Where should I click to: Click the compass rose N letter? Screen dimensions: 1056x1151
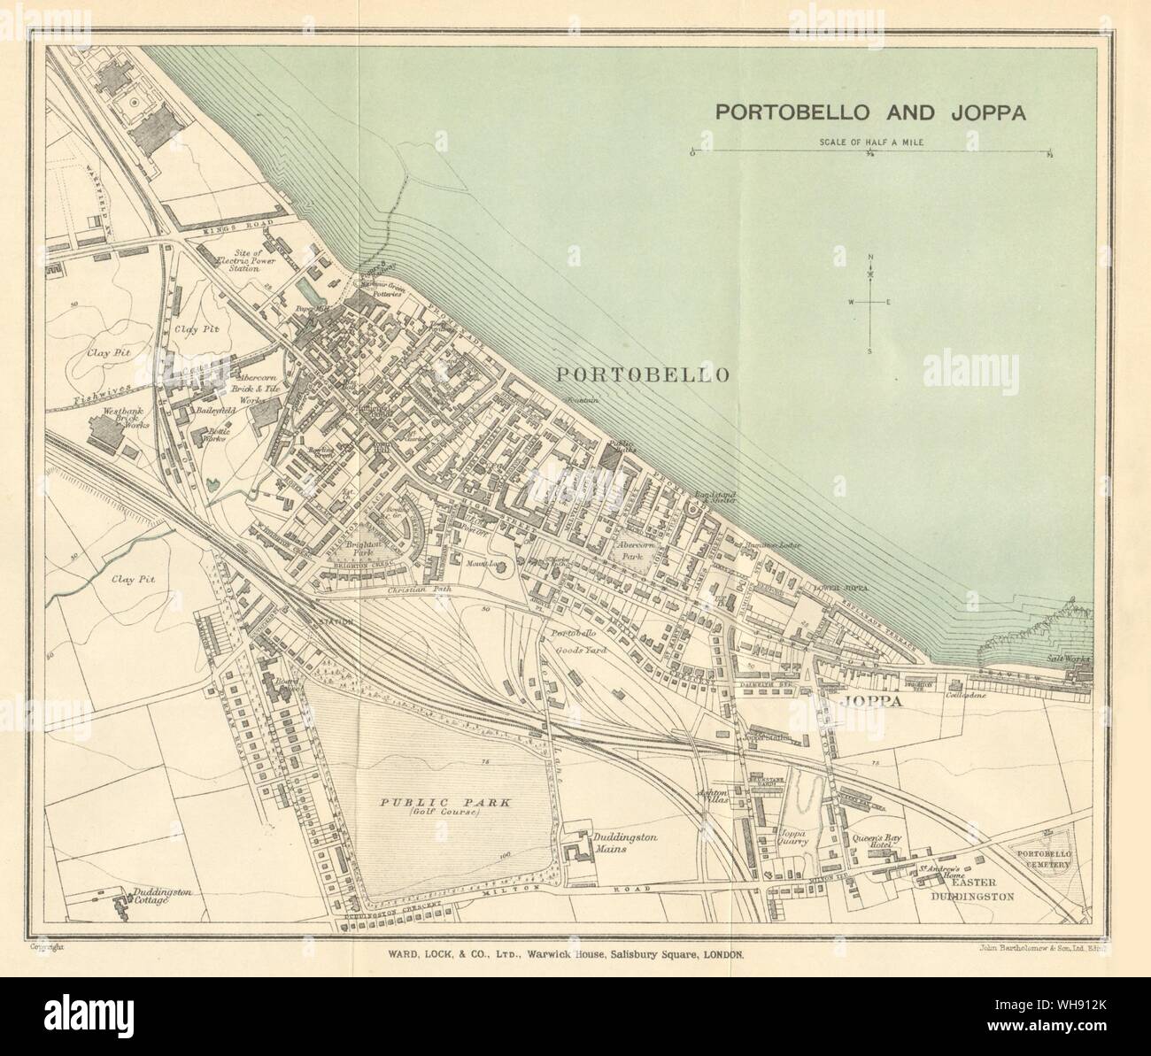[x=870, y=258]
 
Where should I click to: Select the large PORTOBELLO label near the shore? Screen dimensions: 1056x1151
[x=643, y=375]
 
